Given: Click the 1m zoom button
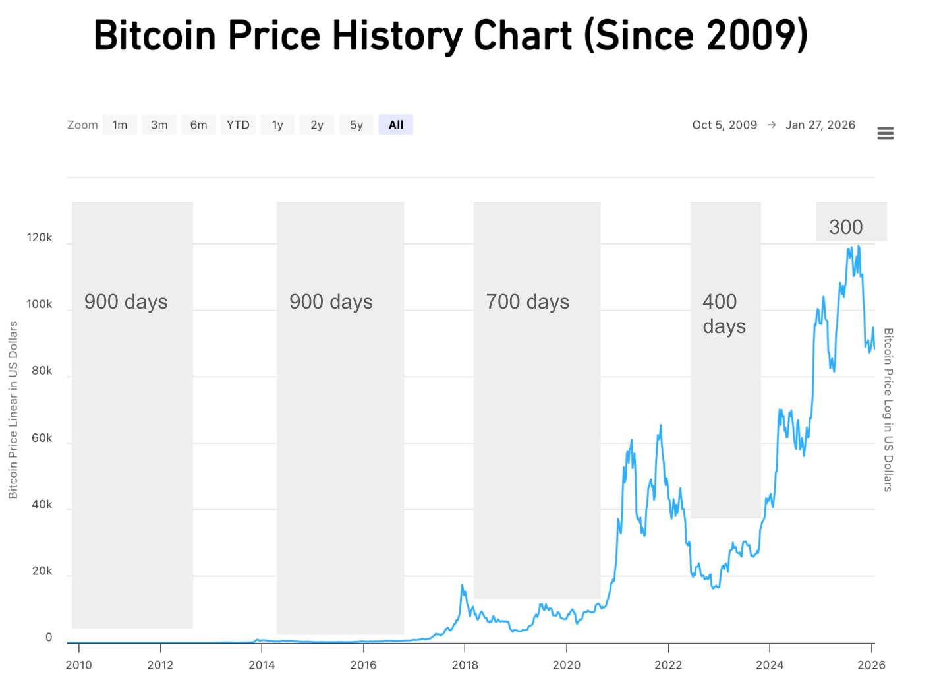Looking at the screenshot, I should click(x=120, y=125).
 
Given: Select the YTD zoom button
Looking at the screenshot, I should click(x=238, y=125).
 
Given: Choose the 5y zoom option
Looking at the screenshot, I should click(x=356, y=125).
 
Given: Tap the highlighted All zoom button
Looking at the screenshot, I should click(x=395, y=125).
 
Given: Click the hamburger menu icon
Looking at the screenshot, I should click(x=886, y=133).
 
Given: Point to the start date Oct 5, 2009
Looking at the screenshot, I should click(x=724, y=125).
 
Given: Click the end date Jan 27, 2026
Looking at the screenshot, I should click(x=820, y=125).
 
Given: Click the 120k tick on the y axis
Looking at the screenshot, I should click(x=40, y=238).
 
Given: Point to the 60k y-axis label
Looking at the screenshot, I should click(x=42, y=438).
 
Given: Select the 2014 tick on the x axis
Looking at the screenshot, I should click(x=262, y=664).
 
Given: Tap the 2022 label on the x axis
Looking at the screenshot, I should click(x=668, y=664).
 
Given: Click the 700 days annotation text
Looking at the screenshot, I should click(x=527, y=302).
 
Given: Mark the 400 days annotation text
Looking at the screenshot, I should click(x=724, y=314).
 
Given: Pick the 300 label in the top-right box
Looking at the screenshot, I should click(x=845, y=228).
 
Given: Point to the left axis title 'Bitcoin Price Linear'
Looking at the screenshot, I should click(x=13, y=410).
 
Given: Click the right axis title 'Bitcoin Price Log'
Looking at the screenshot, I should click(x=888, y=410).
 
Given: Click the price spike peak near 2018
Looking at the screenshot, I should click(x=463, y=585).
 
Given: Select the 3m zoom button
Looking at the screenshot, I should click(x=159, y=125).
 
